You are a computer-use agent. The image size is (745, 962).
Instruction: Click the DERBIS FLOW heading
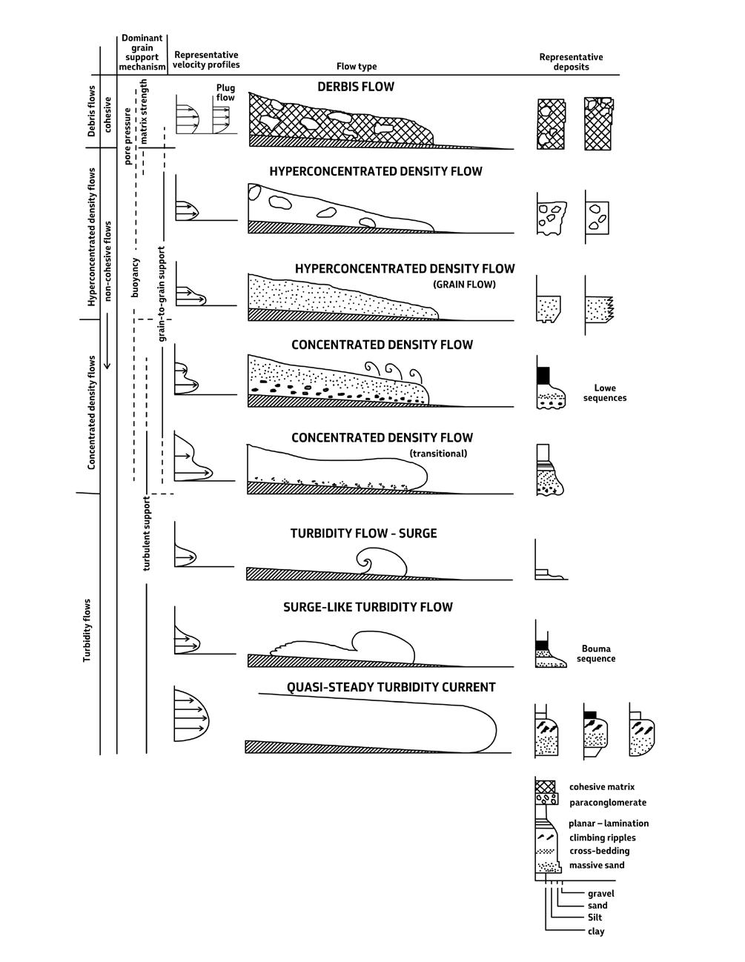tap(356, 87)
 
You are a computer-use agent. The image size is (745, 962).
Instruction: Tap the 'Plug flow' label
tap(225, 93)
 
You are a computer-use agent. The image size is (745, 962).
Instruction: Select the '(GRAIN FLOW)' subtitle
tap(464, 284)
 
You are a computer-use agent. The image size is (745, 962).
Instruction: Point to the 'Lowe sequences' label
tap(610, 393)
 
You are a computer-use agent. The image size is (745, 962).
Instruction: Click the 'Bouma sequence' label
tap(596, 654)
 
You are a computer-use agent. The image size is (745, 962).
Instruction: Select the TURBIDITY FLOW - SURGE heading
tap(363, 534)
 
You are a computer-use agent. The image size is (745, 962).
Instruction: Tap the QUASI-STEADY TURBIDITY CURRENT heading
tap(391, 687)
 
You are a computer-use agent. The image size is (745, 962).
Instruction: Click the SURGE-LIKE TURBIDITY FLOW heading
tap(368, 607)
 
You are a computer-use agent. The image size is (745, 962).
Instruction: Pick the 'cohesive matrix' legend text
tap(602, 787)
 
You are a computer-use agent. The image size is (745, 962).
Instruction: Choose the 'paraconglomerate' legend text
tap(608, 803)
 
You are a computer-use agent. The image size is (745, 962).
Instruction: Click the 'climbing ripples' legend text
tap(603, 837)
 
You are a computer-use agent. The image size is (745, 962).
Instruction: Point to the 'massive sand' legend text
tap(597, 865)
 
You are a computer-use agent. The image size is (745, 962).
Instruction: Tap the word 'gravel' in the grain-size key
tap(600, 893)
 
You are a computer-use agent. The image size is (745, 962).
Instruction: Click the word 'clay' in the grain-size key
tap(595, 931)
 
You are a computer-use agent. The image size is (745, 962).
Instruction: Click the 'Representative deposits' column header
tap(571, 62)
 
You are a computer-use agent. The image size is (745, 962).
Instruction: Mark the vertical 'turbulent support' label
tap(147, 534)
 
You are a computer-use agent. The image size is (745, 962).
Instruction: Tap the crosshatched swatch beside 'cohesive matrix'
tap(545, 786)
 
